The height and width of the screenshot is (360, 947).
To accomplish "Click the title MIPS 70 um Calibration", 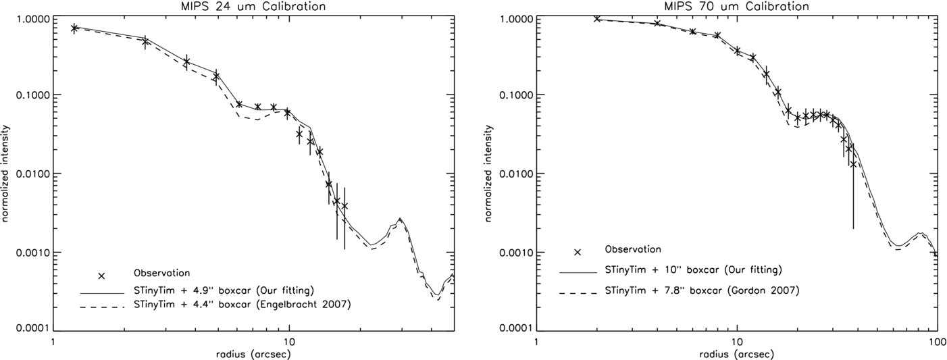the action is (736, 6).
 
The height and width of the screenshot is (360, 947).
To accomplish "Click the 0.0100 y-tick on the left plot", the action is (32, 173).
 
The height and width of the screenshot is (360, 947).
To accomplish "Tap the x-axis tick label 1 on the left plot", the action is (53, 340).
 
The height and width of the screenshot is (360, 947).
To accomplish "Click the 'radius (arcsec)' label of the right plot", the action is (737, 354).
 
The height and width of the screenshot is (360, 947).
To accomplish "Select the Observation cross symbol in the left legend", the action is (101, 276).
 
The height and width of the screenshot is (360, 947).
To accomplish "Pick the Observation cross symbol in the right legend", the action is (577, 252).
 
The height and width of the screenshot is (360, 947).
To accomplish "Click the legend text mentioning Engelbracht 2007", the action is (242, 305).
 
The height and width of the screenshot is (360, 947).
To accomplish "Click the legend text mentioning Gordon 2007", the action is (702, 290).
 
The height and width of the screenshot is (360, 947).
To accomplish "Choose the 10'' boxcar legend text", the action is (694, 269).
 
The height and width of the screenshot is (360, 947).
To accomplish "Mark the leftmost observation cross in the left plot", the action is (74, 28).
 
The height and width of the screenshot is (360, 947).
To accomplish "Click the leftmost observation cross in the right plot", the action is (597, 18).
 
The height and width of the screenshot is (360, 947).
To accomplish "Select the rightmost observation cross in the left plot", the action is (344, 206).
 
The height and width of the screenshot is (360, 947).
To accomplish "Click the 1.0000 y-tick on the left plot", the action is (32, 19).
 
